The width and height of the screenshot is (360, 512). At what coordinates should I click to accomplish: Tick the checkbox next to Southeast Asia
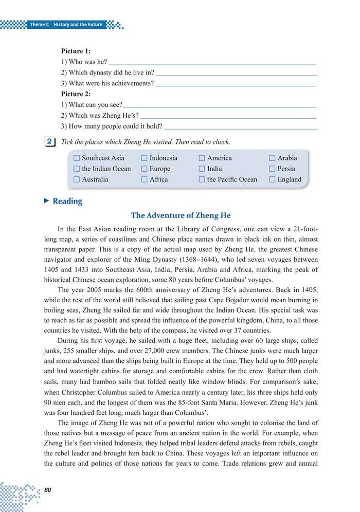tap(77, 158)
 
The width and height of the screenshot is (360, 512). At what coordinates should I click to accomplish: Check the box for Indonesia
tap(145, 158)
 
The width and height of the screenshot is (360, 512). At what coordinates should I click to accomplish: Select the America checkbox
tap(202, 158)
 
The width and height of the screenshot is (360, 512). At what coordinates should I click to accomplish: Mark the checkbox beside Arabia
tap(272, 158)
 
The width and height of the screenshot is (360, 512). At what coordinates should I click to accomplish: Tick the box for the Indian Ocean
tap(77, 169)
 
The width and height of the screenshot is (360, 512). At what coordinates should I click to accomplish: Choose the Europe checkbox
tap(145, 169)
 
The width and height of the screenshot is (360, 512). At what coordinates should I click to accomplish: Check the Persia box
tap(272, 169)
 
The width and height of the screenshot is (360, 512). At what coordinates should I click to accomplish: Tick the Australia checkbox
tap(77, 180)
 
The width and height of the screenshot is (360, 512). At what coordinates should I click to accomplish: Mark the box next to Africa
tap(145, 180)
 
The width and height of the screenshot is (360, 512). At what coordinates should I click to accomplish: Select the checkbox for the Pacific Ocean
tap(202, 180)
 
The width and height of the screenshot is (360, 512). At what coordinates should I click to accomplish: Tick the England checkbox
tap(272, 180)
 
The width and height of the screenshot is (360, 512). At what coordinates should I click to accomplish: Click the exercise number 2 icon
tap(50, 141)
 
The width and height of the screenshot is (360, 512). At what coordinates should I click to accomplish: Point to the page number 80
tap(48, 489)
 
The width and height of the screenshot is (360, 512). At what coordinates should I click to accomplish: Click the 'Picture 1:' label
tap(76, 51)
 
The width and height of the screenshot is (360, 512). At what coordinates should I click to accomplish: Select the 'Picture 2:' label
tap(76, 94)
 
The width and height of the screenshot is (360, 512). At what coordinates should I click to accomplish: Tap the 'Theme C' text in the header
tap(39, 25)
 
